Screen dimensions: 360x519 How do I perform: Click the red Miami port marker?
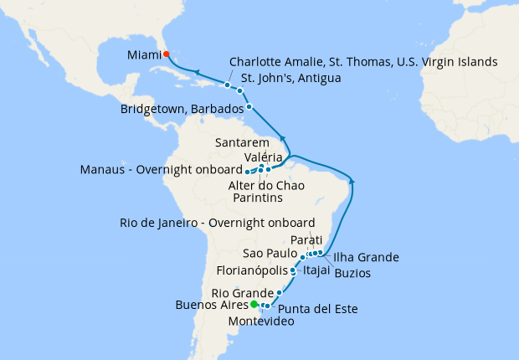click(167, 54)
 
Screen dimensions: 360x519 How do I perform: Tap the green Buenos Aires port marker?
click(254, 304)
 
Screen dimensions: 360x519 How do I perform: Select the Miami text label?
click(144, 54)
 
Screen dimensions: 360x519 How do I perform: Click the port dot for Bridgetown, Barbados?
click(249, 107)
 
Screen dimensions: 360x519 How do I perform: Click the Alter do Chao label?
click(267, 184)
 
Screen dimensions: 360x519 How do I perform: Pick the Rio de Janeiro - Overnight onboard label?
click(217, 223)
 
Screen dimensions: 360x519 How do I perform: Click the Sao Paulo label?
click(270, 253)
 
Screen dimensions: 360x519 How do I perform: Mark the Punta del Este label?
click(317, 309)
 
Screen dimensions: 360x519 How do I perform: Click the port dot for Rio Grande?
click(279, 293)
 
